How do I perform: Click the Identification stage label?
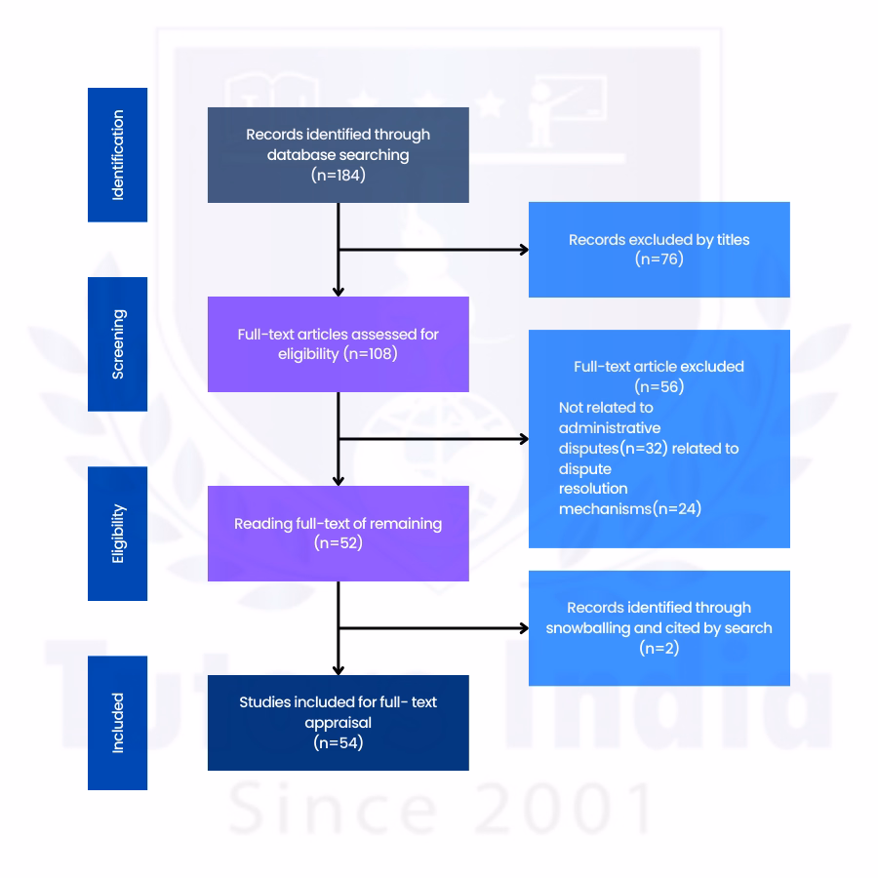pyautogui.click(x=117, y=154)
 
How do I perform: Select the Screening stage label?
pyautogui.click(x=117, y=343)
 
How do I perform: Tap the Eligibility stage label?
pyautogui.click(x=117, y=533)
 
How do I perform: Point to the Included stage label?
pyautogui.click(x=117, y=722)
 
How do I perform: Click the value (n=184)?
pyautogui.click(x=338, y=176)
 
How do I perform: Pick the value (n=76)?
pyautogui.click(x=658, y=259)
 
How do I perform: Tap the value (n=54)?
pyautogui.click(x=338, y=744)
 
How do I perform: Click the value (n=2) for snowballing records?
pyautogui.click(x=658, y=647)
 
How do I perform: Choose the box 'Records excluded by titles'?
pyautogui.click(x=658, y=249)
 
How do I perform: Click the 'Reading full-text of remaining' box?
pyautogui.click(x=338, y=533)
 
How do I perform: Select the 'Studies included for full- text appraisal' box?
pyautogui.click(x=338, y=722)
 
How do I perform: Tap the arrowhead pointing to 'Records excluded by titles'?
pyautogui.click(x=523, y=250)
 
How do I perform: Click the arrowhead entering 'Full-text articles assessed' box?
pyautogui.click(x=338, y=290)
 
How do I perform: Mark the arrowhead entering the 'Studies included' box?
pyautogui.click(x=338, y=668)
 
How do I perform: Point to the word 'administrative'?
pyautogui.click(x=610, y=427)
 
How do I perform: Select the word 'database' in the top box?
pyautogui.click(x=299, y=154)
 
